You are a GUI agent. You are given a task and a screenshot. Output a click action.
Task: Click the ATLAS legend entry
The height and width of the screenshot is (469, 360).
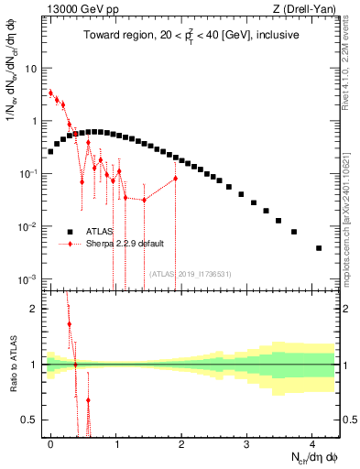click(x=104, y=232)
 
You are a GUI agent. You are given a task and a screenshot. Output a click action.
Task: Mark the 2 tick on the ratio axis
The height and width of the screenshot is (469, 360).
click(x=34, y=309)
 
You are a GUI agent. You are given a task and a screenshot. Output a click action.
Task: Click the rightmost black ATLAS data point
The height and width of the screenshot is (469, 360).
click(x=319, y=248)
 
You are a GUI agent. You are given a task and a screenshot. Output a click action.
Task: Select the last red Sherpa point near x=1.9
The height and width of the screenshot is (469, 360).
click(x=176, y=179)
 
